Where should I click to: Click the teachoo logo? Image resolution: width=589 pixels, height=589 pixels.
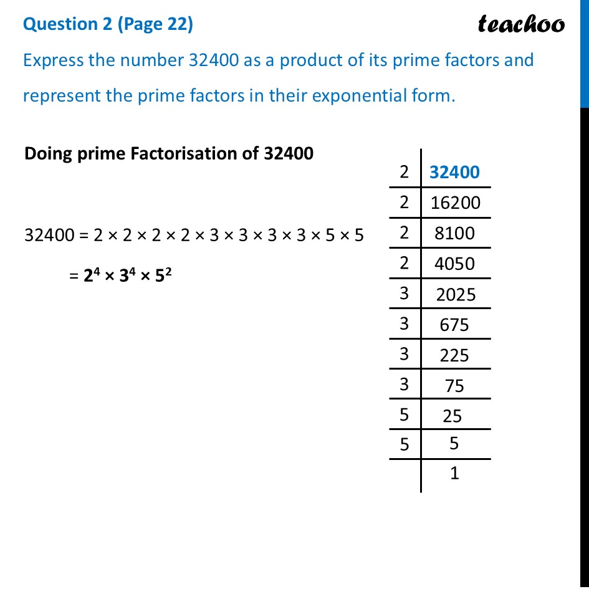[x=521, y=24]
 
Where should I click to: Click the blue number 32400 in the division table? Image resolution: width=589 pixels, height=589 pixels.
[x=455, y=172]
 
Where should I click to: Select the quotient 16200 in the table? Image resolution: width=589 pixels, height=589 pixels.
[x=456, y=203]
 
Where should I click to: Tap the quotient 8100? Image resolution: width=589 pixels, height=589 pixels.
[x=456, y=233]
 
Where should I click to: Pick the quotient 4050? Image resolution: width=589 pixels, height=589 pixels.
[x=456, y=264]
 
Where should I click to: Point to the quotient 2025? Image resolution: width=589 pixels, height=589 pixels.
[x=456, y=294]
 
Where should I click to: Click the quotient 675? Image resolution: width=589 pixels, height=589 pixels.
[x=454, y=325]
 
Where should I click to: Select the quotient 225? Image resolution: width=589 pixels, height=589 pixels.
[x=454, y=355]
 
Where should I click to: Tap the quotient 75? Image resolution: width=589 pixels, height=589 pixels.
[x=454, y=386]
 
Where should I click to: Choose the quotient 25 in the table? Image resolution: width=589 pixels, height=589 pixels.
[x=453, y=415]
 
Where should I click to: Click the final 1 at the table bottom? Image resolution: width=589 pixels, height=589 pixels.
[x=454, y=474]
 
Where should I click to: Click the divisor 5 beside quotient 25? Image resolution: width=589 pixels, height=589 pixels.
[x=405, y=414]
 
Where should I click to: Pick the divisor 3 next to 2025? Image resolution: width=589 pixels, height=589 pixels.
[x=405, y=293]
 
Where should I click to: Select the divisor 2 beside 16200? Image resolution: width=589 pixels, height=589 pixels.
[x=405, y=202]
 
